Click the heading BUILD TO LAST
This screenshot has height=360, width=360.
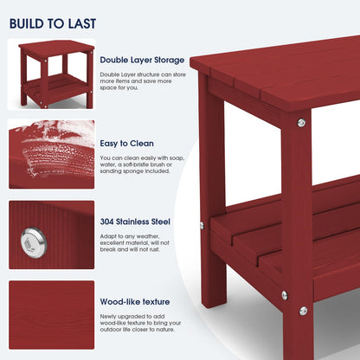tap(53, 23)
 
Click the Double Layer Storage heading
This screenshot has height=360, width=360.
tap(142, 60)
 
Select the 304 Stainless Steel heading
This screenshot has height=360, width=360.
tap(135, 222)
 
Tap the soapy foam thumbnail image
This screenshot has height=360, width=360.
tap(51, 153)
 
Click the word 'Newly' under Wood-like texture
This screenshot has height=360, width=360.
tap(110, 317)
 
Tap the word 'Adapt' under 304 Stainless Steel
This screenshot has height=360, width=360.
tap(109, 237)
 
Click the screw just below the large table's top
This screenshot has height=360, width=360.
tap(301, 122)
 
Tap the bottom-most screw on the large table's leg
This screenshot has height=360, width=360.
tap(303, 311)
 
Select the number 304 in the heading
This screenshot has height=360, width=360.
tap(109, 222)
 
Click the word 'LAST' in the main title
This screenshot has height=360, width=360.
tap(80, 23)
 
